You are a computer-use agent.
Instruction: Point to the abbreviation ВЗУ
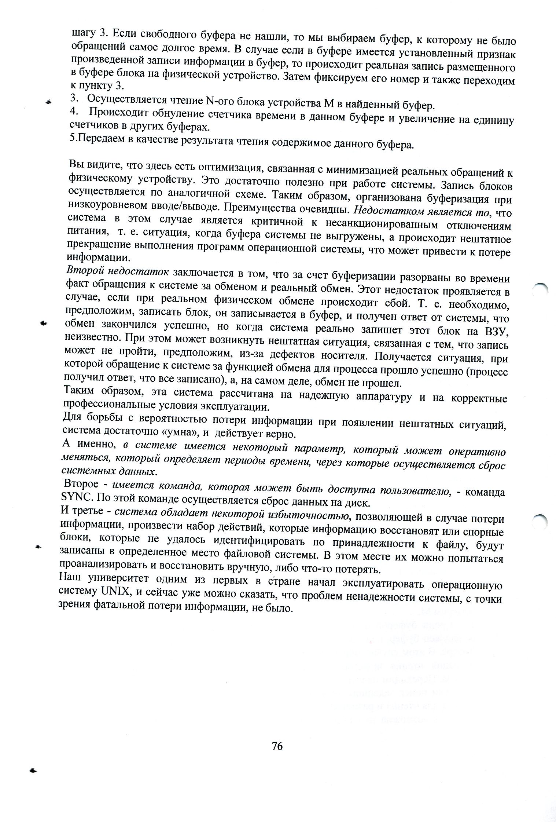[x=496, y=332]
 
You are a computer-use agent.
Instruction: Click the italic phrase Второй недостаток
[x=117, y=271]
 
